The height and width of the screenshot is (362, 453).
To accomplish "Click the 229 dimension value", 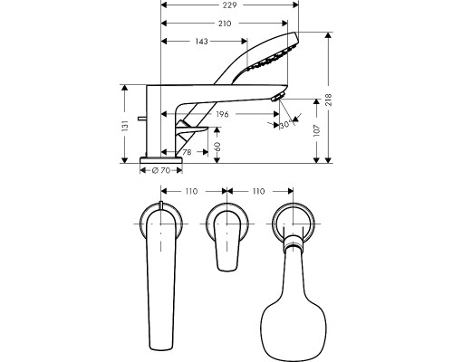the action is coord(229,5).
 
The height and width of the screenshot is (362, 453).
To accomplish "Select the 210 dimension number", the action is coord(225,24).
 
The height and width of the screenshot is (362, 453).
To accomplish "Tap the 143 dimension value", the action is coord(201,41).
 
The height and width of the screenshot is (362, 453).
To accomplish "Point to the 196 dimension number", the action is coord(222,114).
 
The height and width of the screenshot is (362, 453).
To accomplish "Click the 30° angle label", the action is coord(286,125).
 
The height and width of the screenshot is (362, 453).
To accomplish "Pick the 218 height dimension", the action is coord(329,100).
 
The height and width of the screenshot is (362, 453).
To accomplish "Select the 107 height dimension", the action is coord(316,130).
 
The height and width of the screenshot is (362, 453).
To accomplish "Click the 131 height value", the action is coord(125,126).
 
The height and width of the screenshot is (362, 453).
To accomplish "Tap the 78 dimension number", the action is coord(188,152).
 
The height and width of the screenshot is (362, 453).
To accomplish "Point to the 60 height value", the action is coord(217,147).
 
